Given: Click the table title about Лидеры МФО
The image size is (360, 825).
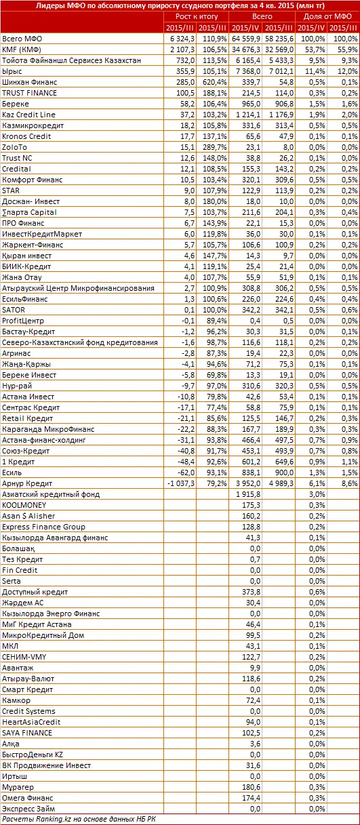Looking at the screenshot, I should (x=180, y=6).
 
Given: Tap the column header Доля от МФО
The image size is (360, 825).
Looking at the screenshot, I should (x=327, y=16).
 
